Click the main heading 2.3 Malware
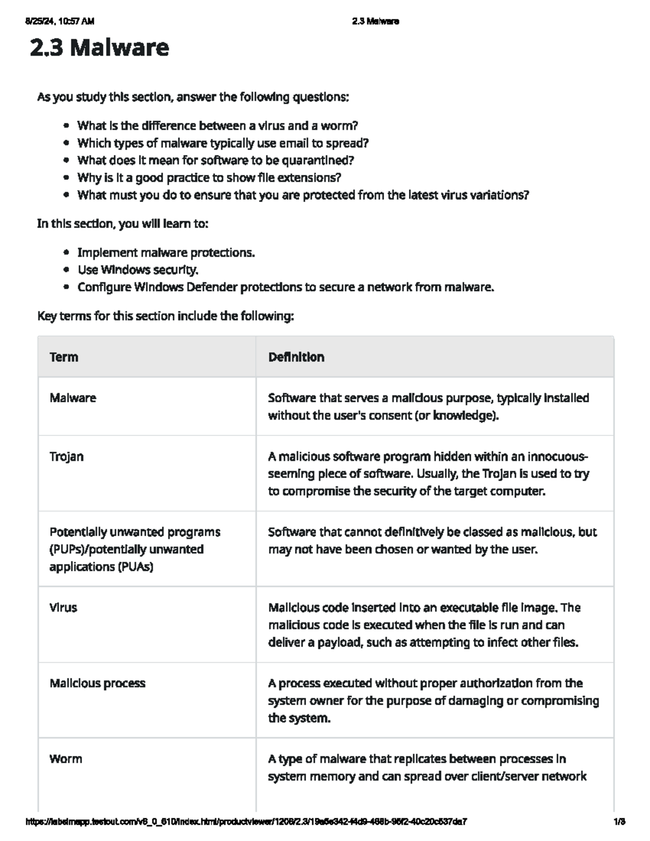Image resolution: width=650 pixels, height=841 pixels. coord(99,48)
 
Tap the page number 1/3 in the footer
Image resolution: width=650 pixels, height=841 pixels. coord(620,822)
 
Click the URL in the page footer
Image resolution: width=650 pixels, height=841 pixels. coord(246,822)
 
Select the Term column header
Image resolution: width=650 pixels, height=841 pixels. coord(64,357)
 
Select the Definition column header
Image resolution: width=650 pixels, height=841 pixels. coord(296,357)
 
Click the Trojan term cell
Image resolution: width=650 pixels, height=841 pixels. coord(67,457)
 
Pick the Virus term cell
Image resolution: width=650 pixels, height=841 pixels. coord(63,608)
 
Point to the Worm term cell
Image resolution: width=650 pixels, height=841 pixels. coord(66,759)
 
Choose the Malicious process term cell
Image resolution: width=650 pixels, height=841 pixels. coord(97,683)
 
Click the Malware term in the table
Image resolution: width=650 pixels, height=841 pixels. coord(73,398)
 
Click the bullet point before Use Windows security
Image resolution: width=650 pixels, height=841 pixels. coord(66,270)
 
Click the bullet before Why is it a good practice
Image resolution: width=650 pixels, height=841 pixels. coord(66,178)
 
